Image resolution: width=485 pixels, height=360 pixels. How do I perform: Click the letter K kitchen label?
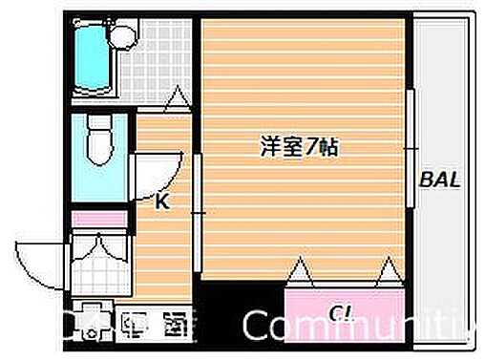tap(162, 201)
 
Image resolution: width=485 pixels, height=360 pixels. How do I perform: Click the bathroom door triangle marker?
tap(176, 97)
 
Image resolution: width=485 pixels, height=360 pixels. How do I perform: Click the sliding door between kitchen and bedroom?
tap(198, 215)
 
